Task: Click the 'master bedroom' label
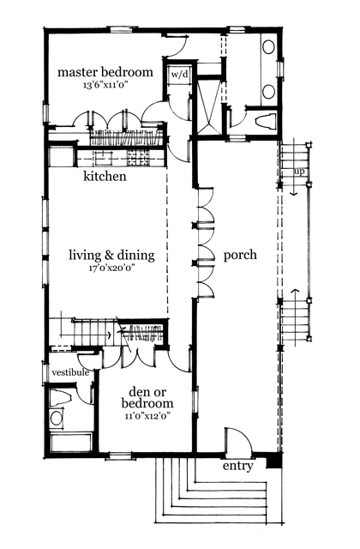click(105, 73)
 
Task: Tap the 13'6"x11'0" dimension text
click(105, 86)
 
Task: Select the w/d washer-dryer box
click(179, 75)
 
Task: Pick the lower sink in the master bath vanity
click(267, 90)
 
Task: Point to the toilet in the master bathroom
click(262, 120)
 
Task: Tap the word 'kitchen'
click(105, 178)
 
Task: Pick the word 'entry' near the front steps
click(237, 468)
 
